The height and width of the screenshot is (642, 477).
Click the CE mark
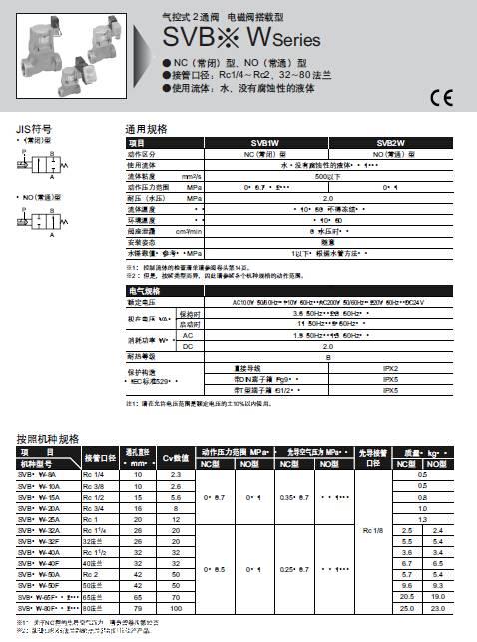[440, 97]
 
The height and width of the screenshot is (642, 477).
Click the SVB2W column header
[389, 143]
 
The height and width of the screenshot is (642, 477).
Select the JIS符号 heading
[33, 129]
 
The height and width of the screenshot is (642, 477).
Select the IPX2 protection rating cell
[391, 368]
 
